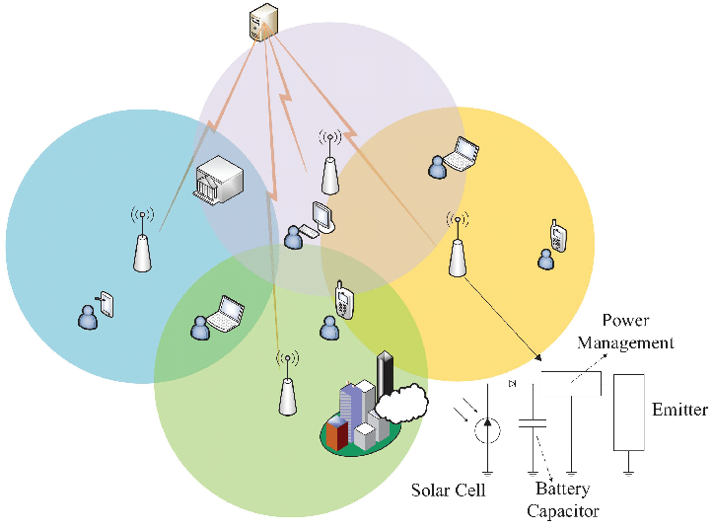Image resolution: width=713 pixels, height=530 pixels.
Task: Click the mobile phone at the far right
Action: coord(558,237)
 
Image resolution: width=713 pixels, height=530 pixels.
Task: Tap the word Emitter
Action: coord(679,410)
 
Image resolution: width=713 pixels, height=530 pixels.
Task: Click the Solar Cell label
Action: coord(449,491)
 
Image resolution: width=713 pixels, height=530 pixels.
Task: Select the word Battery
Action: coord(562,490)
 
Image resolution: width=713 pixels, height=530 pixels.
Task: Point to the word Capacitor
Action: coord(562,510)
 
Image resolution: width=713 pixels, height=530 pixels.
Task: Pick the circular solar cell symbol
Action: coord(485,429)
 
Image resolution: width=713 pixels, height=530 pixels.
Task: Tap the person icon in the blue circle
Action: coord(88,316)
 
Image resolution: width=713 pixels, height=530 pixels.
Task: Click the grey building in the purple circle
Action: coord(218,181)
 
